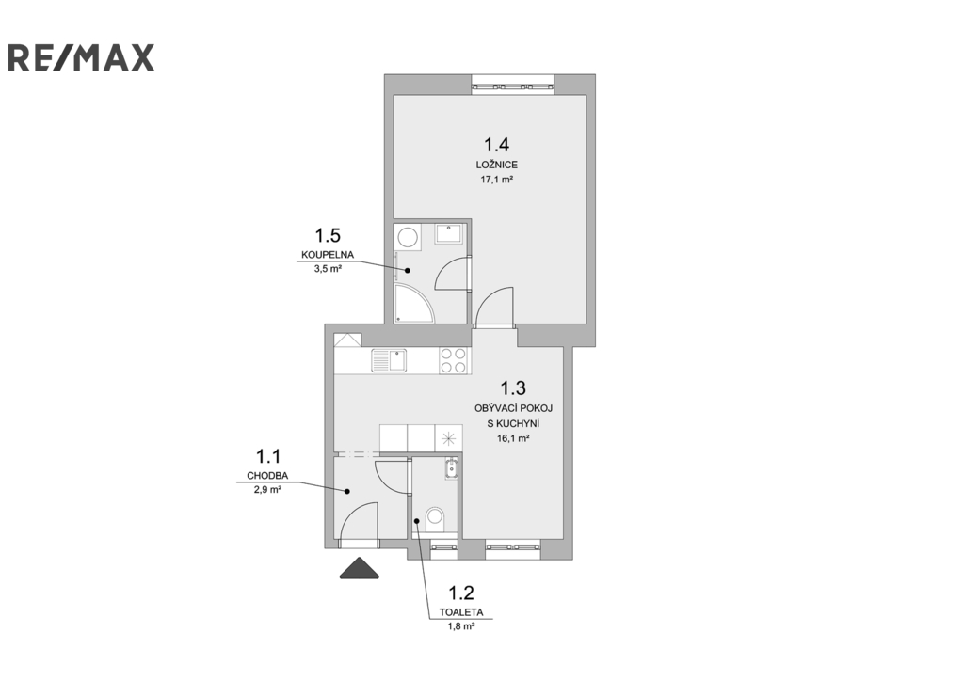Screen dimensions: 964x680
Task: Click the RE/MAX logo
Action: (x=81, y=57)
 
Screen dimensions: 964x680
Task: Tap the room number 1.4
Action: (x=496, y=145)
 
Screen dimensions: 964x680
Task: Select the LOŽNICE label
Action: (x=497, y=165)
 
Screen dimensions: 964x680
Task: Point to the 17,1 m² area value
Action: (x=497, y=180)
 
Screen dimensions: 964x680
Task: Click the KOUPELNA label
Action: (x=328, y=255)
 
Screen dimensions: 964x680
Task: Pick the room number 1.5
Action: (x=328, y=235)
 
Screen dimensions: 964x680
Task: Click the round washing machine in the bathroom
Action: (x=408, y=236)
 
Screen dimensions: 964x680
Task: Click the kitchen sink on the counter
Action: (x=389, y=360)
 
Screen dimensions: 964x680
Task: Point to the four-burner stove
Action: (x=454, y=360)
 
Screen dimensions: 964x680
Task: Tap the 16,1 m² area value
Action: (x=513, y=438)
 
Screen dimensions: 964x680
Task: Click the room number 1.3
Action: (x=513, y=388)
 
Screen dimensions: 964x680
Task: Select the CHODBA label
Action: (x=267, y=476)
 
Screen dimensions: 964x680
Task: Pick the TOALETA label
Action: (x=461, y=612)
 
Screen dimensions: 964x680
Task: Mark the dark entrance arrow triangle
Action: (x=360, y=568)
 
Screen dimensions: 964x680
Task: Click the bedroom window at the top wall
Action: (x=513, y=84)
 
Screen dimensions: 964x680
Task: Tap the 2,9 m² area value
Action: (x=267, y=490)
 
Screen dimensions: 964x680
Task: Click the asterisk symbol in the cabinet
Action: (x=448, y=438)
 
